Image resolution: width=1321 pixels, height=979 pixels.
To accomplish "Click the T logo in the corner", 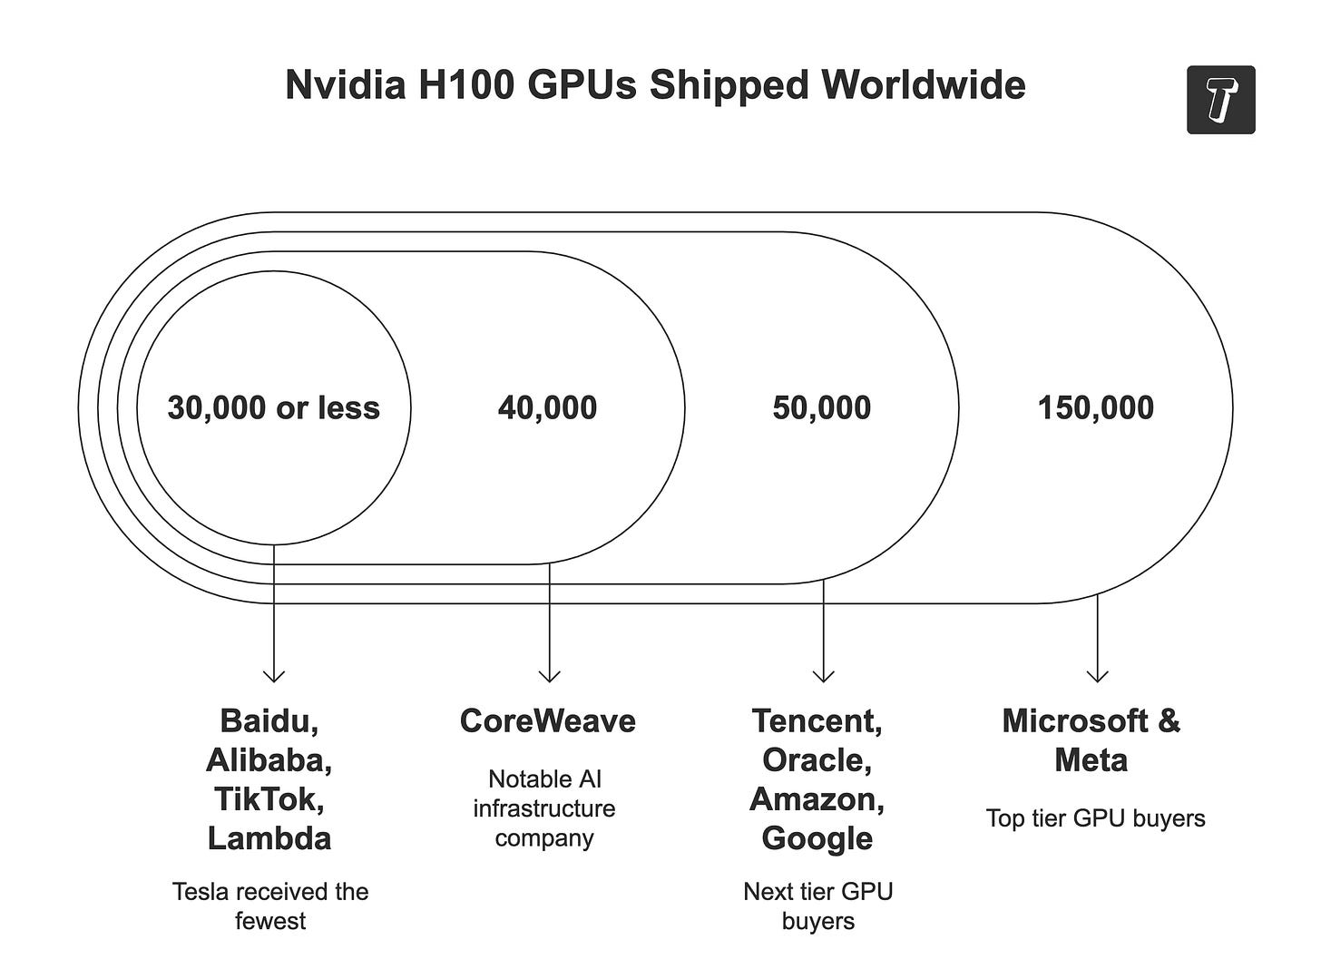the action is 1220,100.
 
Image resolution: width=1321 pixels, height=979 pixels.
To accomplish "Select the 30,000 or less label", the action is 273,408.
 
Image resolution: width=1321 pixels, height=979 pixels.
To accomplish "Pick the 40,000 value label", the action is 547,408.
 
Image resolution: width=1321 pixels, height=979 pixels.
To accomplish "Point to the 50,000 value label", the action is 821,408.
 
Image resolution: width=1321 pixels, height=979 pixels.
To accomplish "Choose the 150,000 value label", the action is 1095,408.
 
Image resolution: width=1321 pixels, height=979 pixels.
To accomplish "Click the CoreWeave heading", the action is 547,721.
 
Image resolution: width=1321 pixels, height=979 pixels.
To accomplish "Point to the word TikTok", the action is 267,799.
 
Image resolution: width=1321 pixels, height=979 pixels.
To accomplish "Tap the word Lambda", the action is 269,838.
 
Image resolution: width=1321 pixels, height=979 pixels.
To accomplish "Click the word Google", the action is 817,838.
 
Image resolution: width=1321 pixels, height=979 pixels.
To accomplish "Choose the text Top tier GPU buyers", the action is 1095,818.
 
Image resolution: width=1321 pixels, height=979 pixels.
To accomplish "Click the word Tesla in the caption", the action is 198,892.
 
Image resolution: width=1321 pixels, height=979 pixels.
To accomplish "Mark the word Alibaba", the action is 267,760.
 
